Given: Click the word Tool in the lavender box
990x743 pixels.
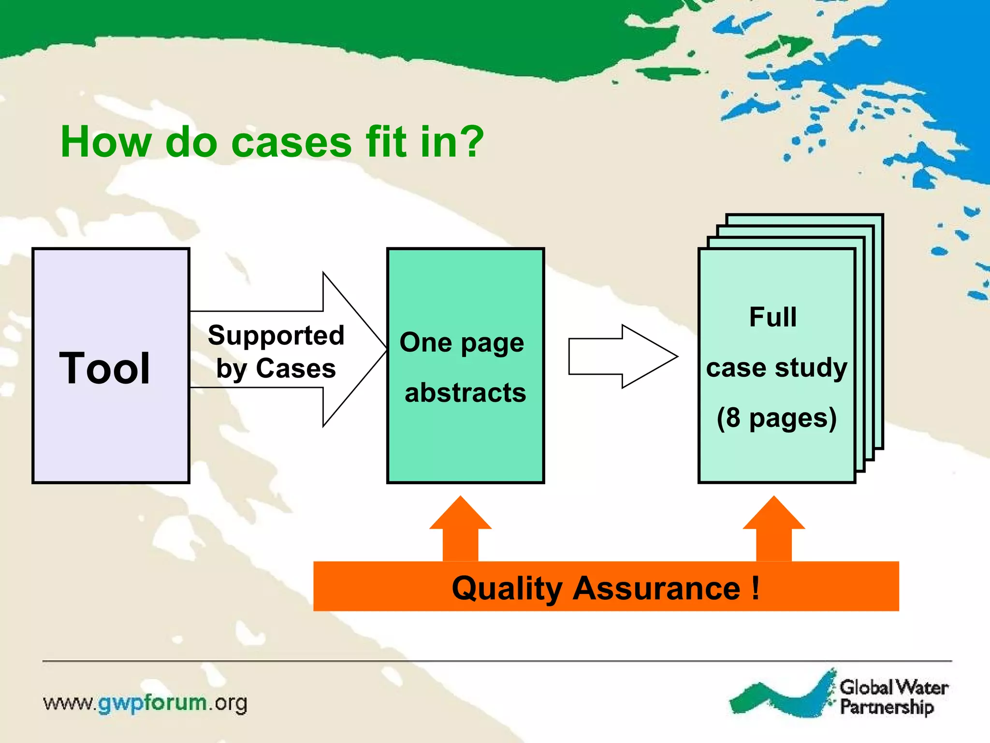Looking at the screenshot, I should (x=104, y=369).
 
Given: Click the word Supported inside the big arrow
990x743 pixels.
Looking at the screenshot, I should (x=276, y=335).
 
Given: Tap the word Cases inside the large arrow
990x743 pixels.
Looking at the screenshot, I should (x=296, y=369).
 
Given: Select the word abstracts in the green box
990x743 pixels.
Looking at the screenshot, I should (x=465, y=392).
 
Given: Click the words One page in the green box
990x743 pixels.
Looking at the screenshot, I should (x=462, y=343).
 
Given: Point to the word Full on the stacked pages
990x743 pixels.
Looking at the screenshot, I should (x=772, y=317).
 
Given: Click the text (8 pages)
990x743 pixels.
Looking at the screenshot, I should (x=776, y=418).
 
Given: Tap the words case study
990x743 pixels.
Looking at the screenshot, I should (x=776, y=368).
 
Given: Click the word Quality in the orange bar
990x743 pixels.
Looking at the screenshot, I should (x=506, y=589).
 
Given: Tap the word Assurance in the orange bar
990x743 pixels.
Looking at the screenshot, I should (x=656, y=589).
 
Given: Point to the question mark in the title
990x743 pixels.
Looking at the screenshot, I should (x=470, y=142).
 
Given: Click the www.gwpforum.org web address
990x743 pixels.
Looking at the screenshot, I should (x=145, y=703).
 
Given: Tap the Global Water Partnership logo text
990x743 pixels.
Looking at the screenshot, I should (x=893, y=697).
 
